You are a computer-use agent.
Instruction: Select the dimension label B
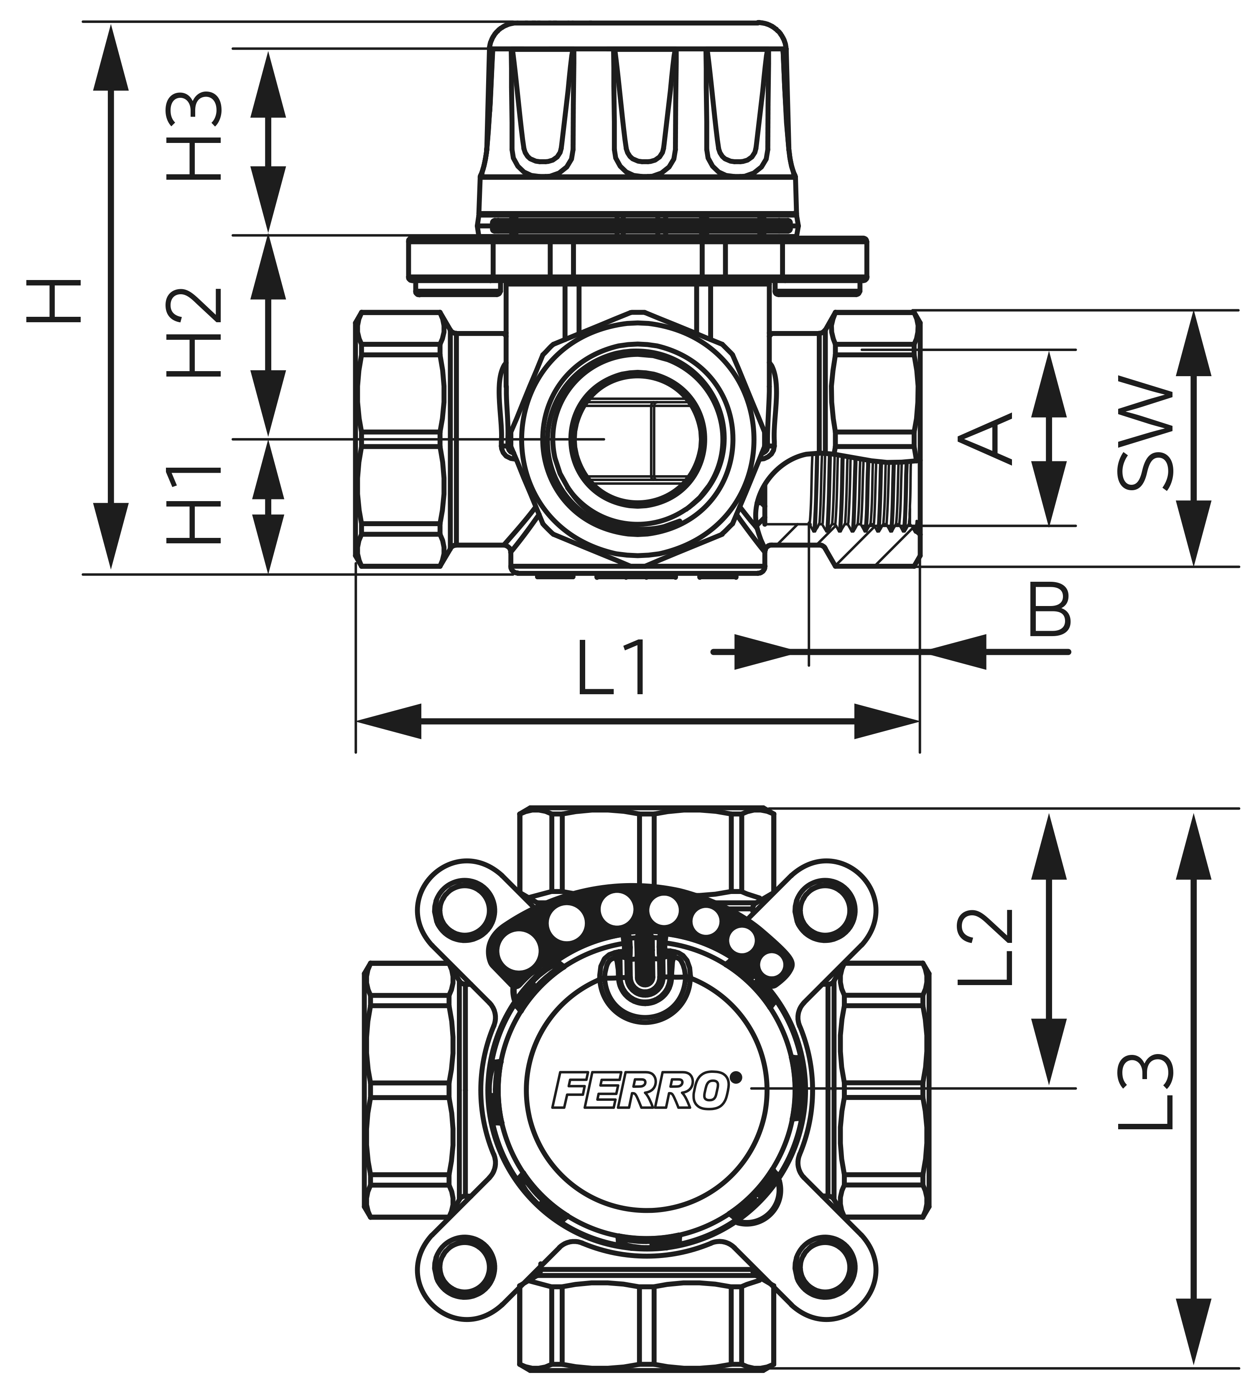1049,609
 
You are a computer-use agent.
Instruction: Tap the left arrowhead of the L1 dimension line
389,721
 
